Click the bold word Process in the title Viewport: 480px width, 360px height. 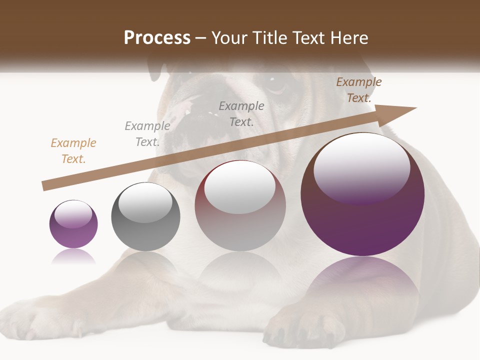[157, 38]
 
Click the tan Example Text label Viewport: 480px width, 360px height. [73, 151]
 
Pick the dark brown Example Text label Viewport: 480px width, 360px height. [359, 90]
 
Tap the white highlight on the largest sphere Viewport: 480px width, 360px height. [361, 165]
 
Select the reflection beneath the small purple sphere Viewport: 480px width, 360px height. [73, 256]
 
